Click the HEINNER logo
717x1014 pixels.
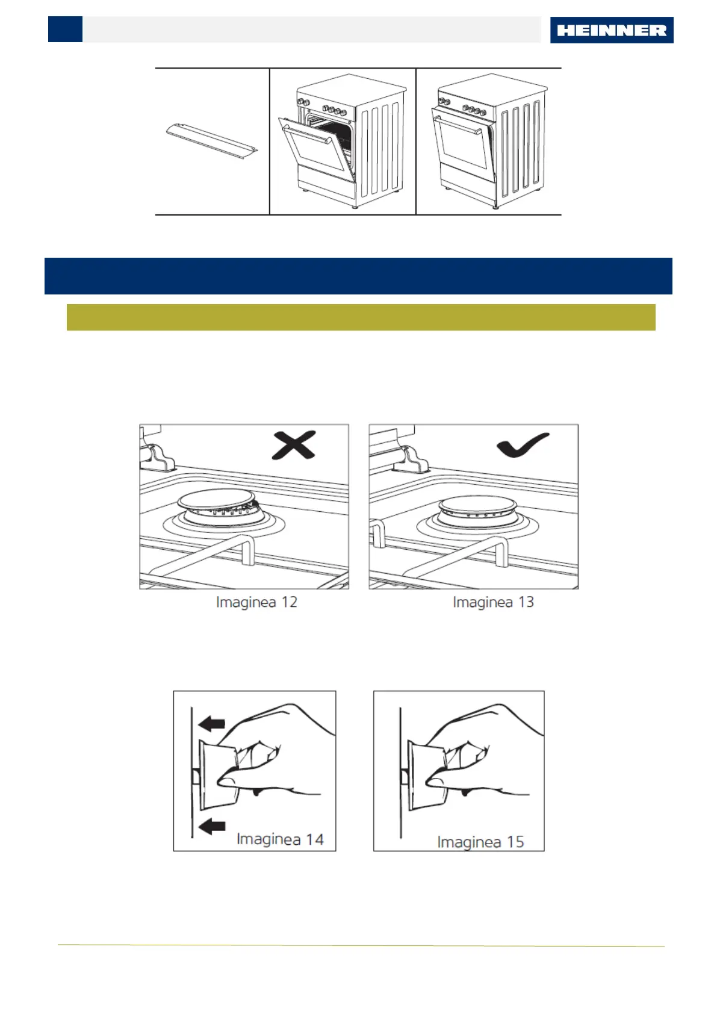(x=611, y=30)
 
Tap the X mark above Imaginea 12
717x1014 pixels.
(x=294, y=446)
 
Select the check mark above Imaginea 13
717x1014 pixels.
(x=522, y=446)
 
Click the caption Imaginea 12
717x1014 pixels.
(x=256, y=602)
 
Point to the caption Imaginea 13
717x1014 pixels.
(x=493, y=602)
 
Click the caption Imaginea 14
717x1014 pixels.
(x=280, y=839)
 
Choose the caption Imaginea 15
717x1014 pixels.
(x=480, y=841)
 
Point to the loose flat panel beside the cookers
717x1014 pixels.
(x=211, y=142)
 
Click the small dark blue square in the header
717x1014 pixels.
(x=65, y=30)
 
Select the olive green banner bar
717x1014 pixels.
(x=361, y=317)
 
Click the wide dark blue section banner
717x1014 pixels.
(x=358, y=276)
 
